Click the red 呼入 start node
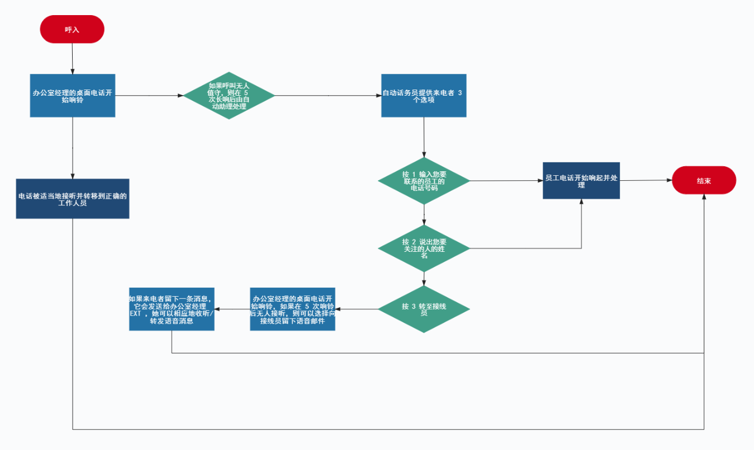tap(72, 29)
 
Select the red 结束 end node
tap(704, 180)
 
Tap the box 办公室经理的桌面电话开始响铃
tap(73, 95)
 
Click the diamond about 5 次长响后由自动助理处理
tap(229, 95)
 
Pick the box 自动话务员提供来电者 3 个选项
tap(424, 95)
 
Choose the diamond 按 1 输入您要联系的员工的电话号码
tap(424, 181)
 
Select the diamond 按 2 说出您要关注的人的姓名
tap(424, 248)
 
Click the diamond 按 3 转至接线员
tap(424, 309)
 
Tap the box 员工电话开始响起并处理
tap(581, 180)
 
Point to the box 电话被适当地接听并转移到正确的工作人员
tap(73, 198)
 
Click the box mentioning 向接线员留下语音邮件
tap(292, 309)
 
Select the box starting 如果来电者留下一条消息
tap(172, 309)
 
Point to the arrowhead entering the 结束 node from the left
tap(668, 180)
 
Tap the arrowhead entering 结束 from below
tap(704, 198)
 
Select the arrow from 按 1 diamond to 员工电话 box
tap(506, 181)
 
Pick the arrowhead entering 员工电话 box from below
tap(581, 202)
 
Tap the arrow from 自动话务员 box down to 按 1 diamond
tap(424, 137)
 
